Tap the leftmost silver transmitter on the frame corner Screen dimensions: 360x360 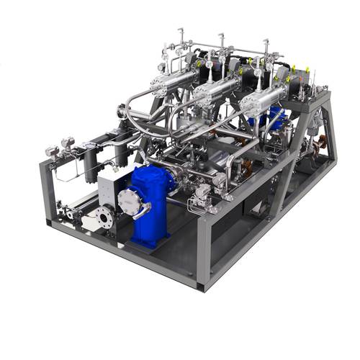[x=53, y=152]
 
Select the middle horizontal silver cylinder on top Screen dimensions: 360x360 [x=215, y=90]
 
